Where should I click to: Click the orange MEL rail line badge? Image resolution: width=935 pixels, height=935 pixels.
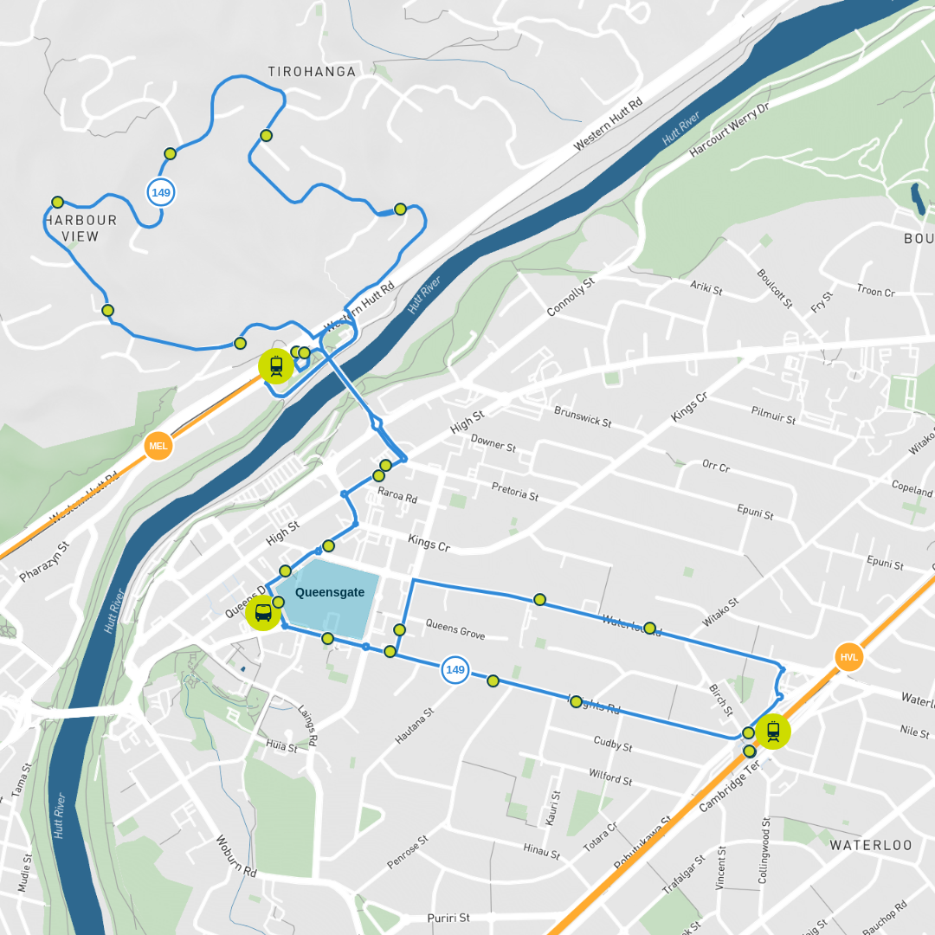(158, 446)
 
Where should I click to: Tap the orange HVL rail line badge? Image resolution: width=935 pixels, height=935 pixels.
(849, 657)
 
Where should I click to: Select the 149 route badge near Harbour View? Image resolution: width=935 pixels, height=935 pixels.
(160, 192)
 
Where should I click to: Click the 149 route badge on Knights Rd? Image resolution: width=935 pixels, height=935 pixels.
(455, 669)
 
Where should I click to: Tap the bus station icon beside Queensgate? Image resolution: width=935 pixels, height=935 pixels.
(262, 613)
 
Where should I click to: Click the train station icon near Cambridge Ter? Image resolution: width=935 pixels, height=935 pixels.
(772, 732)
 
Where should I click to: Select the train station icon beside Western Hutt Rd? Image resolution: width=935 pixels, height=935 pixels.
(275, 366)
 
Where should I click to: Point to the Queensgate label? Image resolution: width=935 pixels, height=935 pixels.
(330, 593)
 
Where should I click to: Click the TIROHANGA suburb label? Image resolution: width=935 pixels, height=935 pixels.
(312, 72)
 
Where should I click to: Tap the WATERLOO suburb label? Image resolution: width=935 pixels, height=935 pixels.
(871, 845)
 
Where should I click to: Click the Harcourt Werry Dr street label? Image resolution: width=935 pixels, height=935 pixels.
(729, 130)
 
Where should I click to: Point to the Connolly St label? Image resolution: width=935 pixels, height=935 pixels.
(571, 297)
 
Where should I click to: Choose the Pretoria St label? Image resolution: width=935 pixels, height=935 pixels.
(515, 491)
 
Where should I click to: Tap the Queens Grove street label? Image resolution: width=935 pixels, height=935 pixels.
(455, 629)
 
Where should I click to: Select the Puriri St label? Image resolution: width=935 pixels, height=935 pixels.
(448, 918)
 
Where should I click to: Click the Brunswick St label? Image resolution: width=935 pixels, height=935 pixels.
(583, 416)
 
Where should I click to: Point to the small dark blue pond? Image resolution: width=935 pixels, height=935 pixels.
(918, 198)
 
